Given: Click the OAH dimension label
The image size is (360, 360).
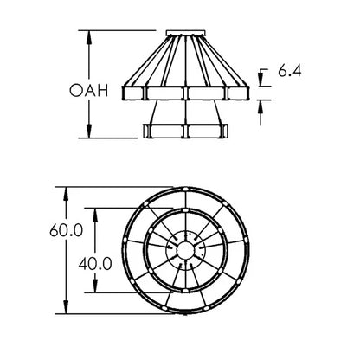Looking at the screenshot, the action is [x=89, y=90].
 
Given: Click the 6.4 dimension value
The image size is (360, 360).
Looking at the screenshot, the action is [x=290, y=71].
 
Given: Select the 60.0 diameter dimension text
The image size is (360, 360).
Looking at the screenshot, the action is [x=67, y=230].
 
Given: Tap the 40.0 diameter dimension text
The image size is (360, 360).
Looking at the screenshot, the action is [x=95, y=264].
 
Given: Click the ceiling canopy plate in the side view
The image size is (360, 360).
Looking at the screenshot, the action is [x=185, y=33].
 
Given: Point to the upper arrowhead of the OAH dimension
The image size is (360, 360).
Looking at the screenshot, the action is [x=89, y=37].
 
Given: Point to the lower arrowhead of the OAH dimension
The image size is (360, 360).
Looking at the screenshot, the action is [x=89, y=132].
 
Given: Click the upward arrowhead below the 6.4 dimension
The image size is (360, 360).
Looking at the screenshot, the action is [x=260, y=106].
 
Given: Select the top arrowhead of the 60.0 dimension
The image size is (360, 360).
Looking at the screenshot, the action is [x=66, y=194].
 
